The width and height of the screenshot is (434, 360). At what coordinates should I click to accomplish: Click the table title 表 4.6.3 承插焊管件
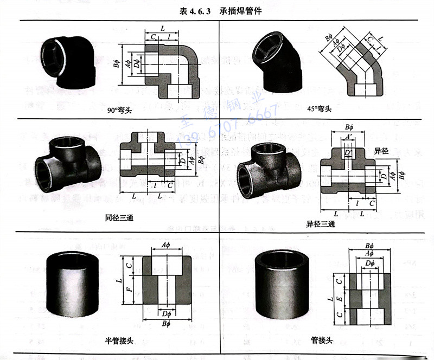point(217,10)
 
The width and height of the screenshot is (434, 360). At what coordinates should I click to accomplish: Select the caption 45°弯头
point(319,109)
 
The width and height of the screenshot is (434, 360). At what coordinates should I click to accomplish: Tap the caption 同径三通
point(119,218)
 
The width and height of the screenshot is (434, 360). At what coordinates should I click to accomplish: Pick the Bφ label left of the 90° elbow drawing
point(117,65)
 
